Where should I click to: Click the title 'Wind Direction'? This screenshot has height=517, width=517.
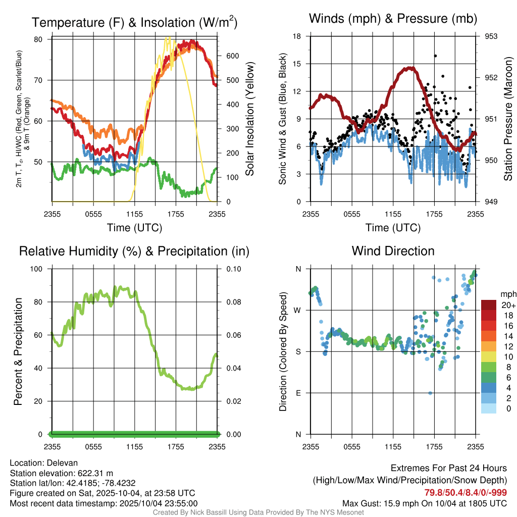(393, 251)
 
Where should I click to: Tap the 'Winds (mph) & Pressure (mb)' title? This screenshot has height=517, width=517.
(393, 19)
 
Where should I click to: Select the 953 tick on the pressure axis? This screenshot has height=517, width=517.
(491, 36)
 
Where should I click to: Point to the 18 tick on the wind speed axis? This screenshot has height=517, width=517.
(297, 36)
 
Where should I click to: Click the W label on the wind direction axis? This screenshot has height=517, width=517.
(297, 310)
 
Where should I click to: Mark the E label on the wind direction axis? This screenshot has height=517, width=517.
(298, 393)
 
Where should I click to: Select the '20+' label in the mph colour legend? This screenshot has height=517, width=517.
(507, 305)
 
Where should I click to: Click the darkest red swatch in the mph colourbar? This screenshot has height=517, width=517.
(489, 305)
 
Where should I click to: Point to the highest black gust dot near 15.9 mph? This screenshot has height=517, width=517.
(435, 56)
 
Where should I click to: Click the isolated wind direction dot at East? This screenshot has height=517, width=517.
(430, 393)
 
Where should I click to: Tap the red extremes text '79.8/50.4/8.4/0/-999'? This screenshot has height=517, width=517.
(465, 493)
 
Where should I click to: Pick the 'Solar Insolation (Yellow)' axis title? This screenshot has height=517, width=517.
(249, 119)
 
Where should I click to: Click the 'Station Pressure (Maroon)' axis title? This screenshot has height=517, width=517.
(508, 119)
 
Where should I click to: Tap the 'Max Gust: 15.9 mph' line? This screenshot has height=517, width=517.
(424, 503)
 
